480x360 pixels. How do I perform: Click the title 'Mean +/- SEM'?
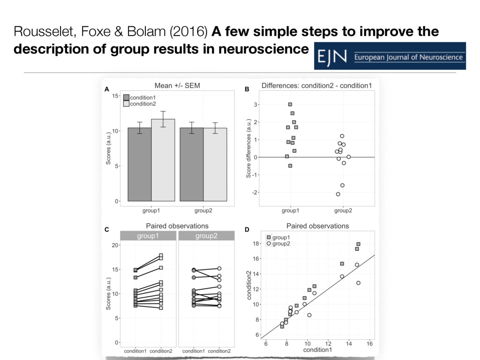coord(178,85)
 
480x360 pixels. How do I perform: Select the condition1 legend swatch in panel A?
coord(126,97)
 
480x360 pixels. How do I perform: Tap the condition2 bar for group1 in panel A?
coord(163,160)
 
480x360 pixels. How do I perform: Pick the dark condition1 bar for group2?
coord(192,164)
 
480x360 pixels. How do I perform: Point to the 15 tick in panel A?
coord(115,96)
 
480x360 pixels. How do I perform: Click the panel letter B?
coord(248,89)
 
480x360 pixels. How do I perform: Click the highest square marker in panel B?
coord(290,105)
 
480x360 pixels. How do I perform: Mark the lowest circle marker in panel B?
coord(338,194)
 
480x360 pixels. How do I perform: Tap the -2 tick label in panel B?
coord(255,193)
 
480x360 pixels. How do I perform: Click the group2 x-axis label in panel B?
coord(343,210)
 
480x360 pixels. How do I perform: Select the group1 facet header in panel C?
coord(148,236)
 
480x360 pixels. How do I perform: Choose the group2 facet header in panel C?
coord(206,236)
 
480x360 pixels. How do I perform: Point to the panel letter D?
coord(247,230)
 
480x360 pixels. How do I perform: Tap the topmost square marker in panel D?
coord(359,244)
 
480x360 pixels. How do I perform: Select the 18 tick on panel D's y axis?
coord(256,244)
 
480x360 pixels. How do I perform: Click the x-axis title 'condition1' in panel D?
coord(318,350)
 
